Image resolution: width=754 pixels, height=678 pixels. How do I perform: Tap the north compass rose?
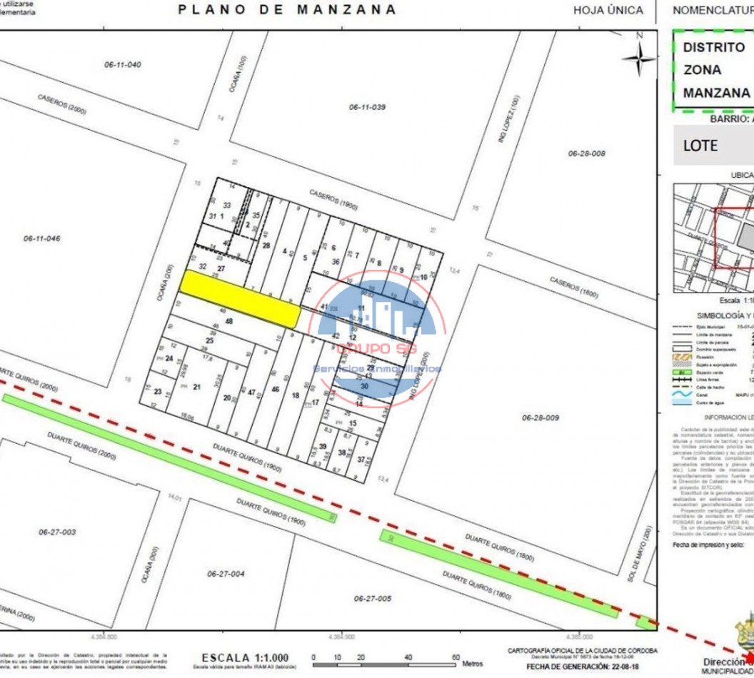pos(640,57)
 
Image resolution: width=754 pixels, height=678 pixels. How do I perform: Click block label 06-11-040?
pos(122,65)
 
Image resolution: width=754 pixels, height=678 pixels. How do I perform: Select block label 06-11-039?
pos(367,107)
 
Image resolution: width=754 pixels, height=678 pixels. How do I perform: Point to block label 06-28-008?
pos(587,153)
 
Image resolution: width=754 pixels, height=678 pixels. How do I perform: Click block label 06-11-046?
pos(41,238)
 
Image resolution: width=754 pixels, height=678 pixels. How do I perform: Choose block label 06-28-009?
pos(541,418)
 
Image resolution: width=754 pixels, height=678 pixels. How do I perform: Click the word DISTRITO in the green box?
pos(714,47)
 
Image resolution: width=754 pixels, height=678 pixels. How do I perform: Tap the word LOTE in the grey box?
pos(700,145)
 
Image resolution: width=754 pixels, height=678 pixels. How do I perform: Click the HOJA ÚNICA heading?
pos(608,11)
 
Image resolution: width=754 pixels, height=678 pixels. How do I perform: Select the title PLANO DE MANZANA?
pos(287,10)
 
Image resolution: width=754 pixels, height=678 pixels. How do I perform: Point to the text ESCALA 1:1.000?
pos(245,657)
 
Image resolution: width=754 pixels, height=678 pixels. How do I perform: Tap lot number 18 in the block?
pos(295,395)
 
